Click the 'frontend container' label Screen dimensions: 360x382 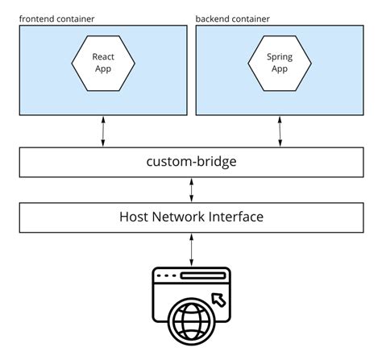pyautogui.click(x=57, y=17)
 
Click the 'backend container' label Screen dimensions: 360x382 pyautogui.click(x=233, y=17)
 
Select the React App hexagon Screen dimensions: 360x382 pyautogui.click(x=102, y=62)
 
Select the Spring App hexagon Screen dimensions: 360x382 pyautogui.click(x=279, y=62)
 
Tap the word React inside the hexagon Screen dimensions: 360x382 pyautogui.click(x=102, y=56)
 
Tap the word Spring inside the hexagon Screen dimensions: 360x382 pyautogui.click(x=279, y=56)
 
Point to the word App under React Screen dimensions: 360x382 pyautogui.click(x=102, y=68)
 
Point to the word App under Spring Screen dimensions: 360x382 pyautogui.click(x=279, y=68)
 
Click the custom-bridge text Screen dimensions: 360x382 pyautogui.click(x=191, y=162)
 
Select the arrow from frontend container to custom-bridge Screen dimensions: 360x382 pyautogui.click(x=102, y=131)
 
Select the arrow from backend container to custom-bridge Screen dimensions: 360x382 pyautogui.click(x=279, y=131)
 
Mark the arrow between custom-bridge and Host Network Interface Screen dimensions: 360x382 pyautogui.click(x=191, y=189)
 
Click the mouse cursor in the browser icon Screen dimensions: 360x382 pyautogui.click(x=218, y=300)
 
